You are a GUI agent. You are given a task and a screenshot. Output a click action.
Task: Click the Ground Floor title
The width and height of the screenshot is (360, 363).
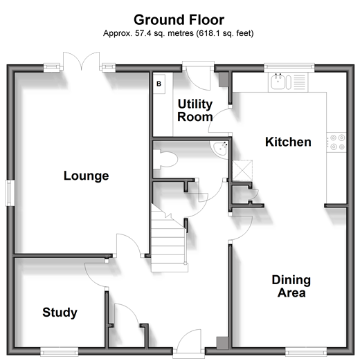tap(179, 20)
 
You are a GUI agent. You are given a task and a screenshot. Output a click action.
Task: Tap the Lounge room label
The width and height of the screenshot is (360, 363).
tap(87, 176)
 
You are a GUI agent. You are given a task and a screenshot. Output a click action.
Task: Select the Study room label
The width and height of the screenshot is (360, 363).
tap(60, 313)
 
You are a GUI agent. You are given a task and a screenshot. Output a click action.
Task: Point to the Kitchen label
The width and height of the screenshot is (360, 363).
tap(288, 142)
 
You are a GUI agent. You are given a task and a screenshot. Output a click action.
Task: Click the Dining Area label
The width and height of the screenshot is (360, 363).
tap(291, 286)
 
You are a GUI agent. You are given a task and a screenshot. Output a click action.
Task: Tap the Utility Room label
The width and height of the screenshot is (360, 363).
tap(195, 111)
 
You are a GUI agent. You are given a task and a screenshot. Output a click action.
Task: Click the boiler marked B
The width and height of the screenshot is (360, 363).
tap(159, 84)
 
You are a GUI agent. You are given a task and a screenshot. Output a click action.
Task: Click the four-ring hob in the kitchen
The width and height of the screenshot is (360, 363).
tap(336, 142)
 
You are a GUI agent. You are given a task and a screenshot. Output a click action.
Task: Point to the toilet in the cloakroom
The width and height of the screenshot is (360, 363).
tap(165, 159)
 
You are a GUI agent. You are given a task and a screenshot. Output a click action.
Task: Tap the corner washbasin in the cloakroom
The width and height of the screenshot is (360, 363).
tap(219, 148)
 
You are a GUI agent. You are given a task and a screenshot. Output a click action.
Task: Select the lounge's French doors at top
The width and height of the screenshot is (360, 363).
tap(82, 61)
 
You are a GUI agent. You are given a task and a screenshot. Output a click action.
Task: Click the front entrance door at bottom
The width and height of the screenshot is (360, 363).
tap(189, 342)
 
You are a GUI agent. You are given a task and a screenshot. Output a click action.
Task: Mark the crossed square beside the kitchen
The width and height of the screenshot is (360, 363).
tap(242, 170)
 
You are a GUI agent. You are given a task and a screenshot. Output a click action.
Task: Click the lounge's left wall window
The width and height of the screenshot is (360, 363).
tap(10, 193)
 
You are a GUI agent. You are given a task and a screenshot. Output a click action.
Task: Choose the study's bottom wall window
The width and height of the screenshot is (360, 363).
tap(60, 352)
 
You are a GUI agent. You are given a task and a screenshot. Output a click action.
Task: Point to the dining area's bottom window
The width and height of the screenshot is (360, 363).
tap(306, 352)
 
